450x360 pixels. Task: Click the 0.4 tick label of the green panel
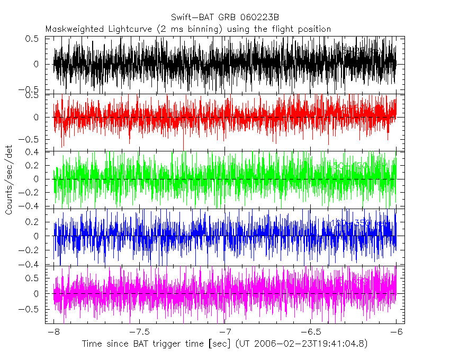[x=33, y=152]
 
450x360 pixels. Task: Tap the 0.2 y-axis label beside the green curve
[x=33, y=166]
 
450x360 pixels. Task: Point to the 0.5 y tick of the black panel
[x=33, y=39]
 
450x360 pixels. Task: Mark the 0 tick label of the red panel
[x=36, y=118]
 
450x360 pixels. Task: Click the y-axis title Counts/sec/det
[x=9, y=180]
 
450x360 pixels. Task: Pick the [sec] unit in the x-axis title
[x=218, y=344]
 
